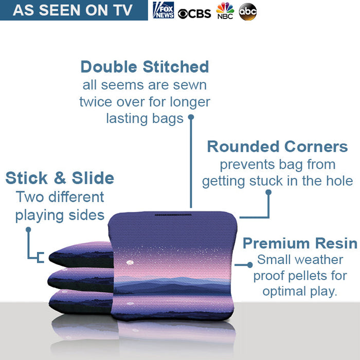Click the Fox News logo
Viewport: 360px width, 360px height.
tap(164, 10)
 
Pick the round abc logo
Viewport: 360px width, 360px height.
tap(247, 12)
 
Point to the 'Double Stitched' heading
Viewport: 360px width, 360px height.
tap(145, 67)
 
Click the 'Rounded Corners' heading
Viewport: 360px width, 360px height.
tap(277, 147)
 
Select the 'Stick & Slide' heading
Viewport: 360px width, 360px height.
tap(60, 178)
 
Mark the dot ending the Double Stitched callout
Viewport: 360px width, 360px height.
tap(190, 117)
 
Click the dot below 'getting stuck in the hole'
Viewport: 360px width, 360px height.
tap(268, 192)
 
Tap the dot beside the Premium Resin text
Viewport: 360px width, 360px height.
tap(250, 265)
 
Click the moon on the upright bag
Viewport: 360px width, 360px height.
tap(130, 263)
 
